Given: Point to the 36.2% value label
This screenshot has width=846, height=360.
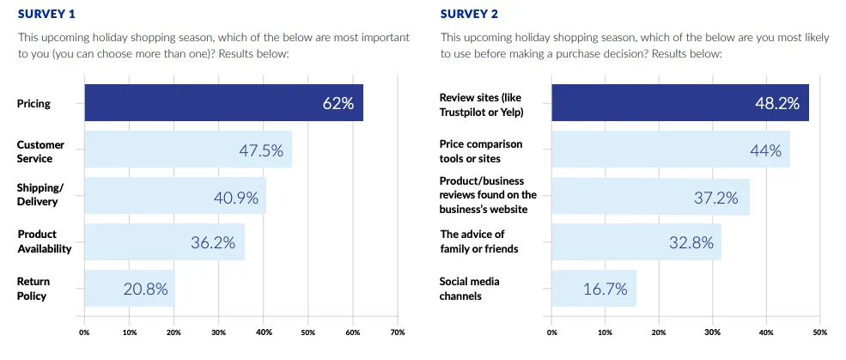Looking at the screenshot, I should point(213,242).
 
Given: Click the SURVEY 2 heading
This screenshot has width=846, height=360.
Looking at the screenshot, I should point(469,13).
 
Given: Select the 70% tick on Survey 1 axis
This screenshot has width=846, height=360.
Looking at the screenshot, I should point(398,331).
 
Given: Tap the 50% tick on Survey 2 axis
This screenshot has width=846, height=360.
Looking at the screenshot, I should point(819,331).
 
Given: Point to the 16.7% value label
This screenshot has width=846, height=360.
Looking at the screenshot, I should point(606,289).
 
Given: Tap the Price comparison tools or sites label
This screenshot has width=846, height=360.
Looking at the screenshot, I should point(481,151).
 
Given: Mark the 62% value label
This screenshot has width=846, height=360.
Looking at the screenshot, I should point(338,104).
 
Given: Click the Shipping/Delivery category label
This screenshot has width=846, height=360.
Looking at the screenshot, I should point(39,196).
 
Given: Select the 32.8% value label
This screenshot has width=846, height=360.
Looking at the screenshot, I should point(691,242).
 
